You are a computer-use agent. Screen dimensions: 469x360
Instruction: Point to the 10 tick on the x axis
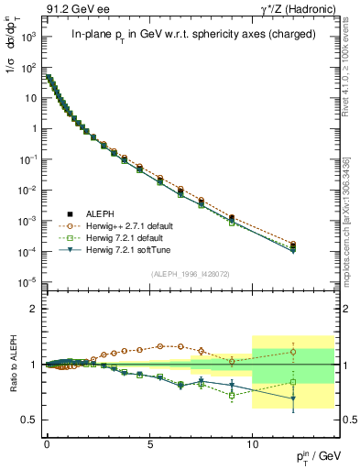pos(253,442)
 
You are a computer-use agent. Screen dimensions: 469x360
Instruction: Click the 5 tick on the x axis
pos(149,442)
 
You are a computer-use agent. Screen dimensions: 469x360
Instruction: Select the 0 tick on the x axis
pos(47,442)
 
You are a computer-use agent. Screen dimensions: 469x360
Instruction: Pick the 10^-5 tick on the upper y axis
pos(27,281)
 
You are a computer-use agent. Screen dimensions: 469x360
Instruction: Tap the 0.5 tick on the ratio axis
pos(28,420)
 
